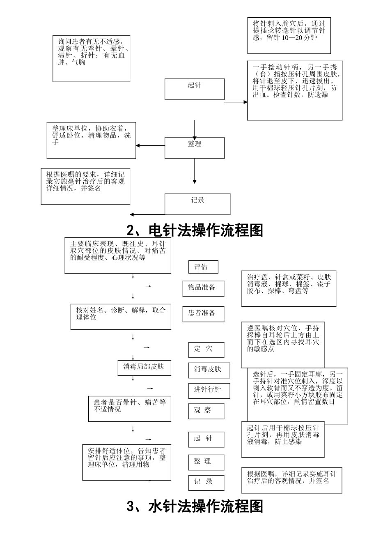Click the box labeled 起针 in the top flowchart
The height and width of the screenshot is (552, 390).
click(195, 89)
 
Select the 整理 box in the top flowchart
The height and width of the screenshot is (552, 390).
click(195, 148)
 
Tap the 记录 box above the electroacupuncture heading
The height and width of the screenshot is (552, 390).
click(197, 204)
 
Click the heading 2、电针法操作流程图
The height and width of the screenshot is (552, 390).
click(195, 230)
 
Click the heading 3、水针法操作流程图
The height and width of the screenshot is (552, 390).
click(195, 506)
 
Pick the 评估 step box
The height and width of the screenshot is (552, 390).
click(203, 267)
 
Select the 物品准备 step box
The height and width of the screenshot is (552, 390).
click(203, 288)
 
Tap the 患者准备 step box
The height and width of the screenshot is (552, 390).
click(203, 314)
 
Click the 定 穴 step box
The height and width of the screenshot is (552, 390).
click(206, 350)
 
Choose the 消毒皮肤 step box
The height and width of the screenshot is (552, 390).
click(209, 370)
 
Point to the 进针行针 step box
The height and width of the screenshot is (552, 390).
click(209, 391)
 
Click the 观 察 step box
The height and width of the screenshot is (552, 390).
click(206, 411)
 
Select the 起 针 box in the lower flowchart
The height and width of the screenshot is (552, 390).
click(206, 439)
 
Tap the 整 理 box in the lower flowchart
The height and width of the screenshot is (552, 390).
click(206, 462)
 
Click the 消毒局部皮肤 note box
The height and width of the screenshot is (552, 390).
click(144, 368)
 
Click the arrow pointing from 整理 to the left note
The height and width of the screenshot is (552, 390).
click(150, 145)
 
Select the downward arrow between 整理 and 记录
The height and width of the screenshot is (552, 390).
click(195, 171)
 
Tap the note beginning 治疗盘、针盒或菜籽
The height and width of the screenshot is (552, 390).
click(289, 289)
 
